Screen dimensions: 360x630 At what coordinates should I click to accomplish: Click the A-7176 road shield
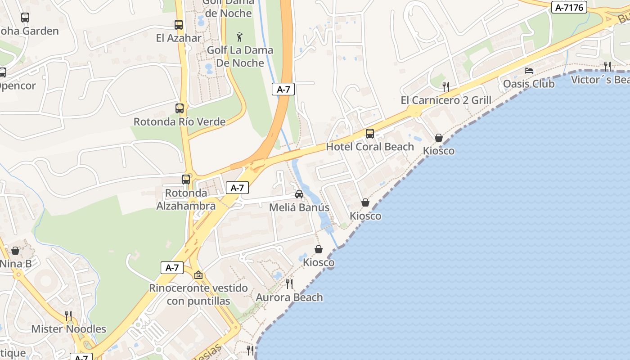[x=569, y=7]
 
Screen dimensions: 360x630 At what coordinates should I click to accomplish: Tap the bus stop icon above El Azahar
[x=179, y=25]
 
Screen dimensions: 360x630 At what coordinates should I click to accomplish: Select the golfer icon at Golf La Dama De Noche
[x=239, y=36]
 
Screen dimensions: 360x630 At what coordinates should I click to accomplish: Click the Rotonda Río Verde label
[x=180, y=121]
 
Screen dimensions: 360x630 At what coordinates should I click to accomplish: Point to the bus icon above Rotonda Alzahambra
[x=186, y=179]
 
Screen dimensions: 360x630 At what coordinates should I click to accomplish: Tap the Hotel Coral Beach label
[x=370, y=147]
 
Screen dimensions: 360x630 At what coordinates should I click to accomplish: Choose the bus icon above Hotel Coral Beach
[x=370, y=133]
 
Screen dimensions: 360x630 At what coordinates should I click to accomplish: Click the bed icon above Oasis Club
[x=529, y=71]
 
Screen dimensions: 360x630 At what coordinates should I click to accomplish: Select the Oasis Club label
[x=529, y=84]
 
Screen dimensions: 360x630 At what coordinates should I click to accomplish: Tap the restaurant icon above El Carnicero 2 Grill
[x=445, y=86]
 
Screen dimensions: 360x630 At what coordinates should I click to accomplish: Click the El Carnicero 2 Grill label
[x=446, y=100]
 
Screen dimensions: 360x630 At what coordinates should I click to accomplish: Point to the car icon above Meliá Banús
[x=299, y=194]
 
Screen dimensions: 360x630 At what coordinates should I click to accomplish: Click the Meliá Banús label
[x=299, y=207]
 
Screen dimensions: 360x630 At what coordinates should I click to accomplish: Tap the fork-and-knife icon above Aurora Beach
[x=289, y=284]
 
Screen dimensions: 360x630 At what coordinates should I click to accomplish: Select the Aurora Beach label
[x=289, y=297]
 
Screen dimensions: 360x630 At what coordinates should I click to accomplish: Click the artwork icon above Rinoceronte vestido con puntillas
[x=198, y=274]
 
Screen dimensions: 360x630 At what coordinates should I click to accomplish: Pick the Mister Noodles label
[x=68, y=329]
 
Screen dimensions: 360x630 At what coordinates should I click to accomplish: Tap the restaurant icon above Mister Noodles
[x=68, y=315]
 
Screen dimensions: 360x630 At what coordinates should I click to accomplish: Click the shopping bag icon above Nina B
[x=15, y=250]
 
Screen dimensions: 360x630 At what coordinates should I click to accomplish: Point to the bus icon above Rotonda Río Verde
[x=180, y=108]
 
